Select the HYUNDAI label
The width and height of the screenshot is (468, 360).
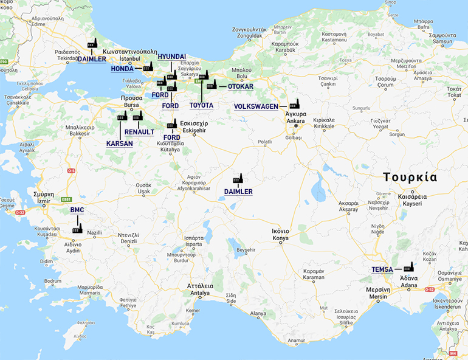pos(171,57)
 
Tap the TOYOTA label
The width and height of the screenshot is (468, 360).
pos(201,106)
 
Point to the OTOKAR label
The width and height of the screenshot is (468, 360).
pos(240,86)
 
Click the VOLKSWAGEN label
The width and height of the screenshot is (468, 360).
pos(256,106)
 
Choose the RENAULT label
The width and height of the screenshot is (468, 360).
pos(139,131)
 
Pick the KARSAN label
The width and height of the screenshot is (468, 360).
pos(119,144)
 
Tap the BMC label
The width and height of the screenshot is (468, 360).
pos(77,210)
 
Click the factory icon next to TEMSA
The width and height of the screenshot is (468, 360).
pos(408,266)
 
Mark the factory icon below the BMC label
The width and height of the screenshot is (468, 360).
pos(77,229)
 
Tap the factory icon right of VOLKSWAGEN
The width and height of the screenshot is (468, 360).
pos(295,104)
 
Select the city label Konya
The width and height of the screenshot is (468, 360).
pos(280,238)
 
